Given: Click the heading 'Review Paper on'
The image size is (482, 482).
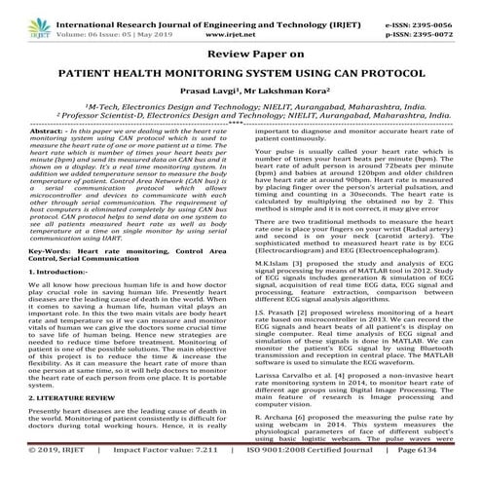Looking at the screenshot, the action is point(240,55).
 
